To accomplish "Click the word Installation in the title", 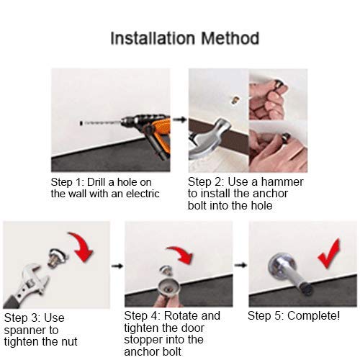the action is tap(153, 38).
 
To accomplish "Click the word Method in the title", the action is tap(230, 38).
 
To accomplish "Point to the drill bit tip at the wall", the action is tap(81, 123).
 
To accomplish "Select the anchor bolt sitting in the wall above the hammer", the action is tap(235, 100).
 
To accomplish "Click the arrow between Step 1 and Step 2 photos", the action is tap(179, 120).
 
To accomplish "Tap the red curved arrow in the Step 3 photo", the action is tap(81, 246).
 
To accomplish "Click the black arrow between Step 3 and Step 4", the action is tap(117, 266).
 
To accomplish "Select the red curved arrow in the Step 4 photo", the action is tap(181, 254).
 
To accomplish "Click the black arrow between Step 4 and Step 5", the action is tap(240, 265).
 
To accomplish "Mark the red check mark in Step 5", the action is tap(329, 253).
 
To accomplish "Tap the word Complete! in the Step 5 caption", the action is tap(314, 316).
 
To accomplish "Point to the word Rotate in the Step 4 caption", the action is tap(181, 315).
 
